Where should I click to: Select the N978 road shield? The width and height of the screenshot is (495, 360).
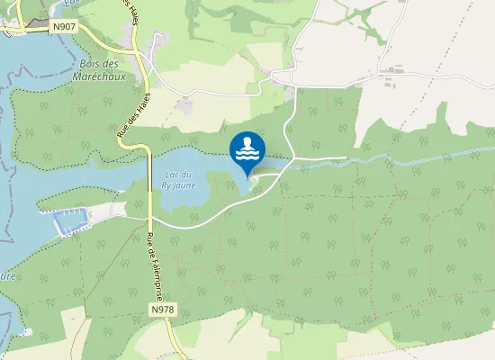click(x=163, y=310)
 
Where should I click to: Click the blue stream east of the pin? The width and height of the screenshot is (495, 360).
click(x=405, y=162)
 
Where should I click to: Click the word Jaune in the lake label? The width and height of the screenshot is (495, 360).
click(x=186, y=184)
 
